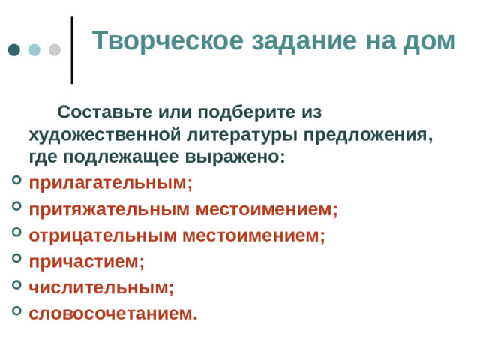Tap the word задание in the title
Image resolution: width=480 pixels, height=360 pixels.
[295, 40]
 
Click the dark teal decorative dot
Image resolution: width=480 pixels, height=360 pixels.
[14, 50]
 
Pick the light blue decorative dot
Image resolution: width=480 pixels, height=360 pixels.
[34, 50]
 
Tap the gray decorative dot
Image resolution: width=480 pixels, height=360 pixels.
[54, 50]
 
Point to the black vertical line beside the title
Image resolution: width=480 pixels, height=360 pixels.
[72, 49]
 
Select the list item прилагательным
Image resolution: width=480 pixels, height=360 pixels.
[110, 184]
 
